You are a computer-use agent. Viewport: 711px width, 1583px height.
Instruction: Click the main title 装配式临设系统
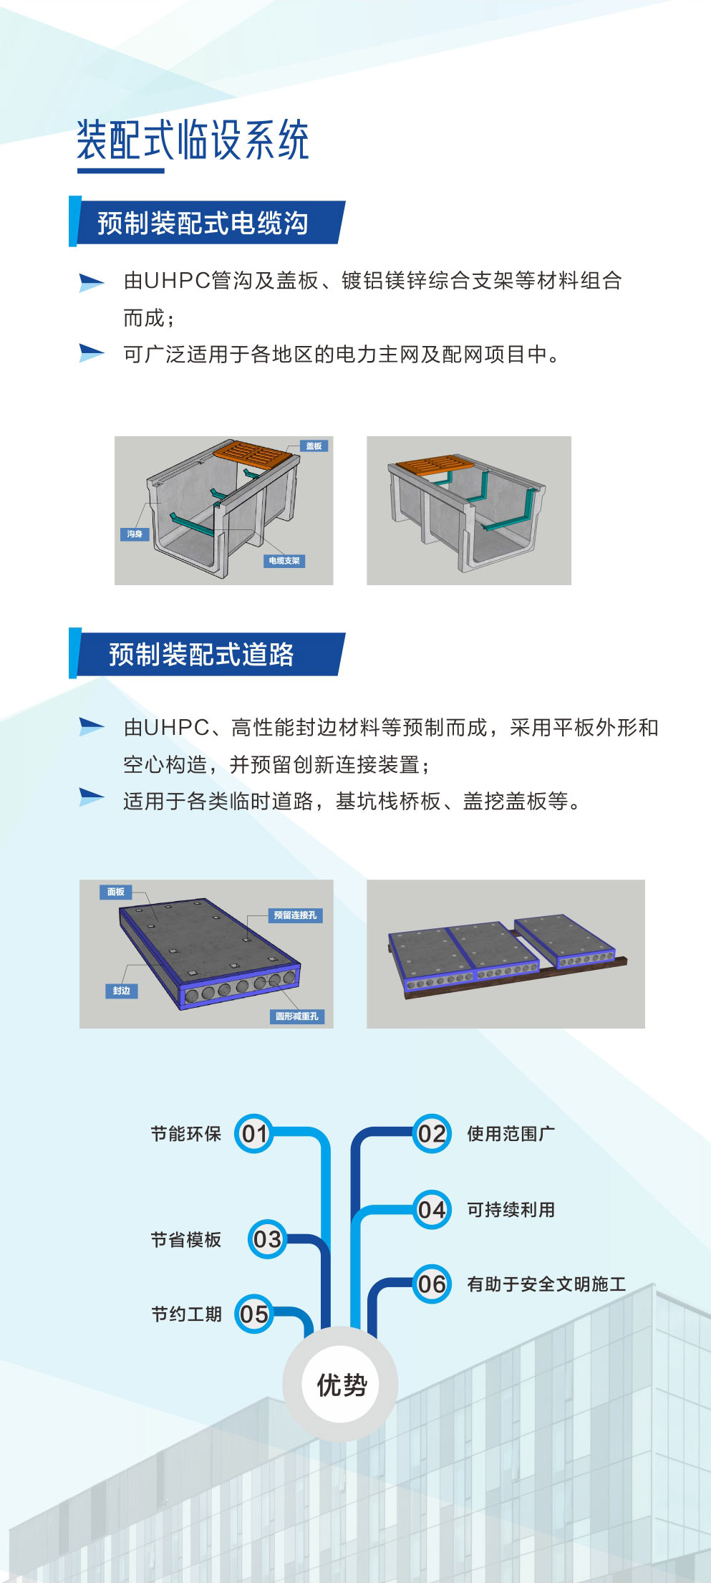[x=193, y=140]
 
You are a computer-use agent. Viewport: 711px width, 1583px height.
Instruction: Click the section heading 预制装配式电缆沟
[x=203, y=223]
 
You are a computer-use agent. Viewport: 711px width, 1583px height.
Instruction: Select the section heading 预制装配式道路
[x=201, y=655]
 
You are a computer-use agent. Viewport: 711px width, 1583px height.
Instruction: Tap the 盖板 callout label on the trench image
[x=314, y=446]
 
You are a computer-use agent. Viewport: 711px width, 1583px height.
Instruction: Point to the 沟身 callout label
[x=135, y=534]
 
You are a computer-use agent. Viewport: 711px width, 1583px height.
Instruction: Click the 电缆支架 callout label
[x=284, y=561]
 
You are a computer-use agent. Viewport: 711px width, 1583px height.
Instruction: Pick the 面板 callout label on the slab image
[x=115, y=892]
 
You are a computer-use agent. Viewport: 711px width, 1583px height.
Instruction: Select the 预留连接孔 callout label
[x=295, y=915]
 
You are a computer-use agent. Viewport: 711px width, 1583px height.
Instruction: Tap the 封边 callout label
[x=121, y=991]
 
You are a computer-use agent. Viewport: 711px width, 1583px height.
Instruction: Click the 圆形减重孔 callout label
[x=297, y=1016]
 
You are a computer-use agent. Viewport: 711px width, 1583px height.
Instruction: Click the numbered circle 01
[x=254, y=1134]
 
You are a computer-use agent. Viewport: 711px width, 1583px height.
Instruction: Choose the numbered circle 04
[x=432, y=1210]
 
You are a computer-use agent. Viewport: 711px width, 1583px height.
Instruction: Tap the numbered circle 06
[x=432, y=1284]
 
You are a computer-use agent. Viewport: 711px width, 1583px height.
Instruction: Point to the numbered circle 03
[x=267, y=1239]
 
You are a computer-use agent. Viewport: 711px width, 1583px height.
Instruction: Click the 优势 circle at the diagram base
[x=341, y=1384]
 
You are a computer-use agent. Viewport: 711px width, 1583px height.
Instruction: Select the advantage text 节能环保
[x=186, y=1134]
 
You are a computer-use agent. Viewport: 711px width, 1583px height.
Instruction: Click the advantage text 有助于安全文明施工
[x=546, y=1284]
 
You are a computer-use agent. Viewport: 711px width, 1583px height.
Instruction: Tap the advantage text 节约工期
[x=186, y=1314]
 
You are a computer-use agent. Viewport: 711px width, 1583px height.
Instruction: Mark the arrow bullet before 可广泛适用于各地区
[x=92, y=352]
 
